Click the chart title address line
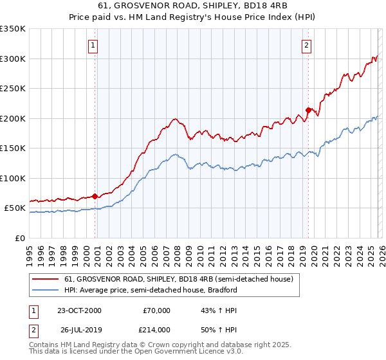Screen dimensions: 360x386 [192, 6]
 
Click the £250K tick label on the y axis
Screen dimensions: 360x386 [13, 88]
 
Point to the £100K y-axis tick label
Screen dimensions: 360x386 [13, 178]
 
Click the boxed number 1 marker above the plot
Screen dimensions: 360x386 [94, 45]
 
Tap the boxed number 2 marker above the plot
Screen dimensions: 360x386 [306, 45]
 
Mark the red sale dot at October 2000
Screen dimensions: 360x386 [95, 196]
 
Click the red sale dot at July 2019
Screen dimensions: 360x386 [308, 110]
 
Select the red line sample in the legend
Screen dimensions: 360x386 [46, 279]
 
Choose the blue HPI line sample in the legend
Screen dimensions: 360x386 [46, 290]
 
